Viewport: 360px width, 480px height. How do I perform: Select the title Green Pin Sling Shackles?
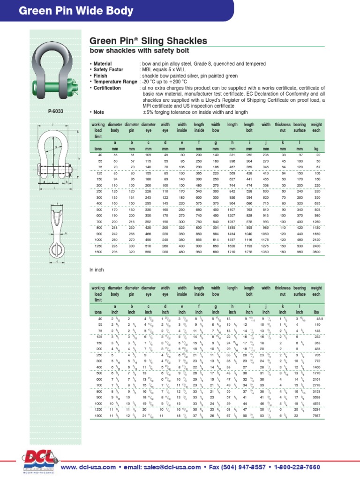coord(148,41)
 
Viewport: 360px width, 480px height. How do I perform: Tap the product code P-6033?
coord(56,112)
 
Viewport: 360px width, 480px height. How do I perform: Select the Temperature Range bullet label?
coord(115,82)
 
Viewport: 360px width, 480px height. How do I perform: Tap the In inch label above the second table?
coord(96,270)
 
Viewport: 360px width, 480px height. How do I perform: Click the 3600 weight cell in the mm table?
coord(316,252)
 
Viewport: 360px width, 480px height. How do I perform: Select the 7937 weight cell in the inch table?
coord(316,416)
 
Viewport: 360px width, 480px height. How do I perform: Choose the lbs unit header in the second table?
coord(316,312)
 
